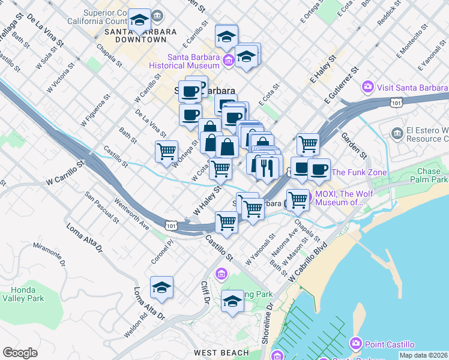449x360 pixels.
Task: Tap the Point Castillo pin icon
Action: point(356,344)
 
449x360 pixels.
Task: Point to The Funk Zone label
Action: point(355,172)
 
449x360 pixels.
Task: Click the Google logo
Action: point(20,352)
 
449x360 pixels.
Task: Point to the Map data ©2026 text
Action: point(424,355)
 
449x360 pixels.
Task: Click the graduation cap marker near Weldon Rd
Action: point(161,288)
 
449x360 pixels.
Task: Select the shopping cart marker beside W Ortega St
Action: point(166,151)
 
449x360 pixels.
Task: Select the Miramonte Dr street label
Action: point(49,254)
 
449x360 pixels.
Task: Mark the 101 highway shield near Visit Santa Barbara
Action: point(396,103)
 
